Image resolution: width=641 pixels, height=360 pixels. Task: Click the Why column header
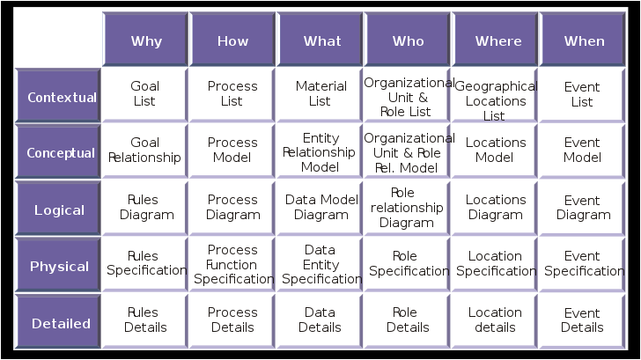[x=145, y=40]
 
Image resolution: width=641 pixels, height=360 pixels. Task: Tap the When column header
[x=583, y=40]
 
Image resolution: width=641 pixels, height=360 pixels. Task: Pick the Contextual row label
[x=58, y=96]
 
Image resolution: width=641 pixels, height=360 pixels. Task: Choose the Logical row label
[x=58, y=209]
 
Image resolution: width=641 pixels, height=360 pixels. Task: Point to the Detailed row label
[x=58, y=321]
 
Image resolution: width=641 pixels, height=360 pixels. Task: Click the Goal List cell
[x=144, y=95]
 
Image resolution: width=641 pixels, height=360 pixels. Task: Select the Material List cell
[x=320, y=95]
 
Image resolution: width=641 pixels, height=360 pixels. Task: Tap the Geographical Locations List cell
[x=494, y=95]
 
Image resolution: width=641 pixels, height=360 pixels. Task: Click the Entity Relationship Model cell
[x=320, y=151]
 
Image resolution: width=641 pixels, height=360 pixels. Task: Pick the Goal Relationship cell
[x=144, y=151]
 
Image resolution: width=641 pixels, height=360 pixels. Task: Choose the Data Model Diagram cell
[x=320, y=208]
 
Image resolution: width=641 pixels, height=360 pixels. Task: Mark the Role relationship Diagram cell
[x=407, y=208]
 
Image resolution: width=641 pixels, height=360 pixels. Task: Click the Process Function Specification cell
[x=232, y=264]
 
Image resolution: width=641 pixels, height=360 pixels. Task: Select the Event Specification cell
[x=582, y=264]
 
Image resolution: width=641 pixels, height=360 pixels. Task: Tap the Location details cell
[x=494, y=320]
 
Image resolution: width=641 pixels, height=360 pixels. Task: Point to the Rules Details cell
[x=144, y=320]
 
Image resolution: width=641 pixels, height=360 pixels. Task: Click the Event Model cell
[x=582, y=151]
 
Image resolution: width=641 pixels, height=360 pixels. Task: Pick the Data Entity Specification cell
[x=320, y=264]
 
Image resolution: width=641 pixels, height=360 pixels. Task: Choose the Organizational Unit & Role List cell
[x=407, y=95]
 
